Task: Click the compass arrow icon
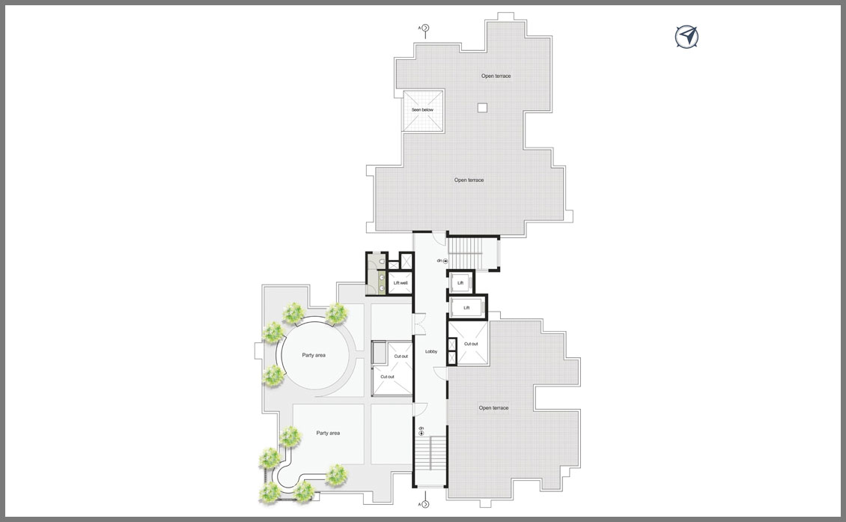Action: pyautogui.click(x=687, y=37)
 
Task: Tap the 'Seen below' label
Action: pyautogui.click(x=422, y=109)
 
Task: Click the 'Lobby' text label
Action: pyautogui.click(x=431, y=351)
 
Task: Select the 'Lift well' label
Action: pyautogui.click(x=401, y=283)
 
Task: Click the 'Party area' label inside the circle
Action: pyautogui.click(x=314, y=355)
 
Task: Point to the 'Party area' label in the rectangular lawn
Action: pyautogui.click(x=328, y=433)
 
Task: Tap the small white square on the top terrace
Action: pyautogui.click(x=482, y=107)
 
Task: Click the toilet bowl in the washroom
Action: pyautogui.click(x=382, y=262)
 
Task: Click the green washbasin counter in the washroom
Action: pyautogui.click(x=382, y=283)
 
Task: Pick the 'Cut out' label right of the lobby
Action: pyautogui.click(x=471, y=344)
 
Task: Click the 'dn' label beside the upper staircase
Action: pyautogui.click(x=439, y=261)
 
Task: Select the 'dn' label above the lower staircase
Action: pyautogui.click(x=422, y=428)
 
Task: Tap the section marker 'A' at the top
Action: pyautogui.click(x=424, y=28)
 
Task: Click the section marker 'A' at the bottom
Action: pyautogui.click(x=424, y=504)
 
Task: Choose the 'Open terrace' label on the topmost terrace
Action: pyautogui.click(x=496, y=76)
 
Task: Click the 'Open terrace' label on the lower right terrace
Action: pyautogui.click(x=493, y=408)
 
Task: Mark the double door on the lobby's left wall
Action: pyautogui.click(x=419, y=324)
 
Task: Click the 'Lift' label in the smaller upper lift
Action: pyautogui.click(x=460, y=283)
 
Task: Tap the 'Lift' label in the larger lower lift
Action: pyautogui.click(x=466, y=308)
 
